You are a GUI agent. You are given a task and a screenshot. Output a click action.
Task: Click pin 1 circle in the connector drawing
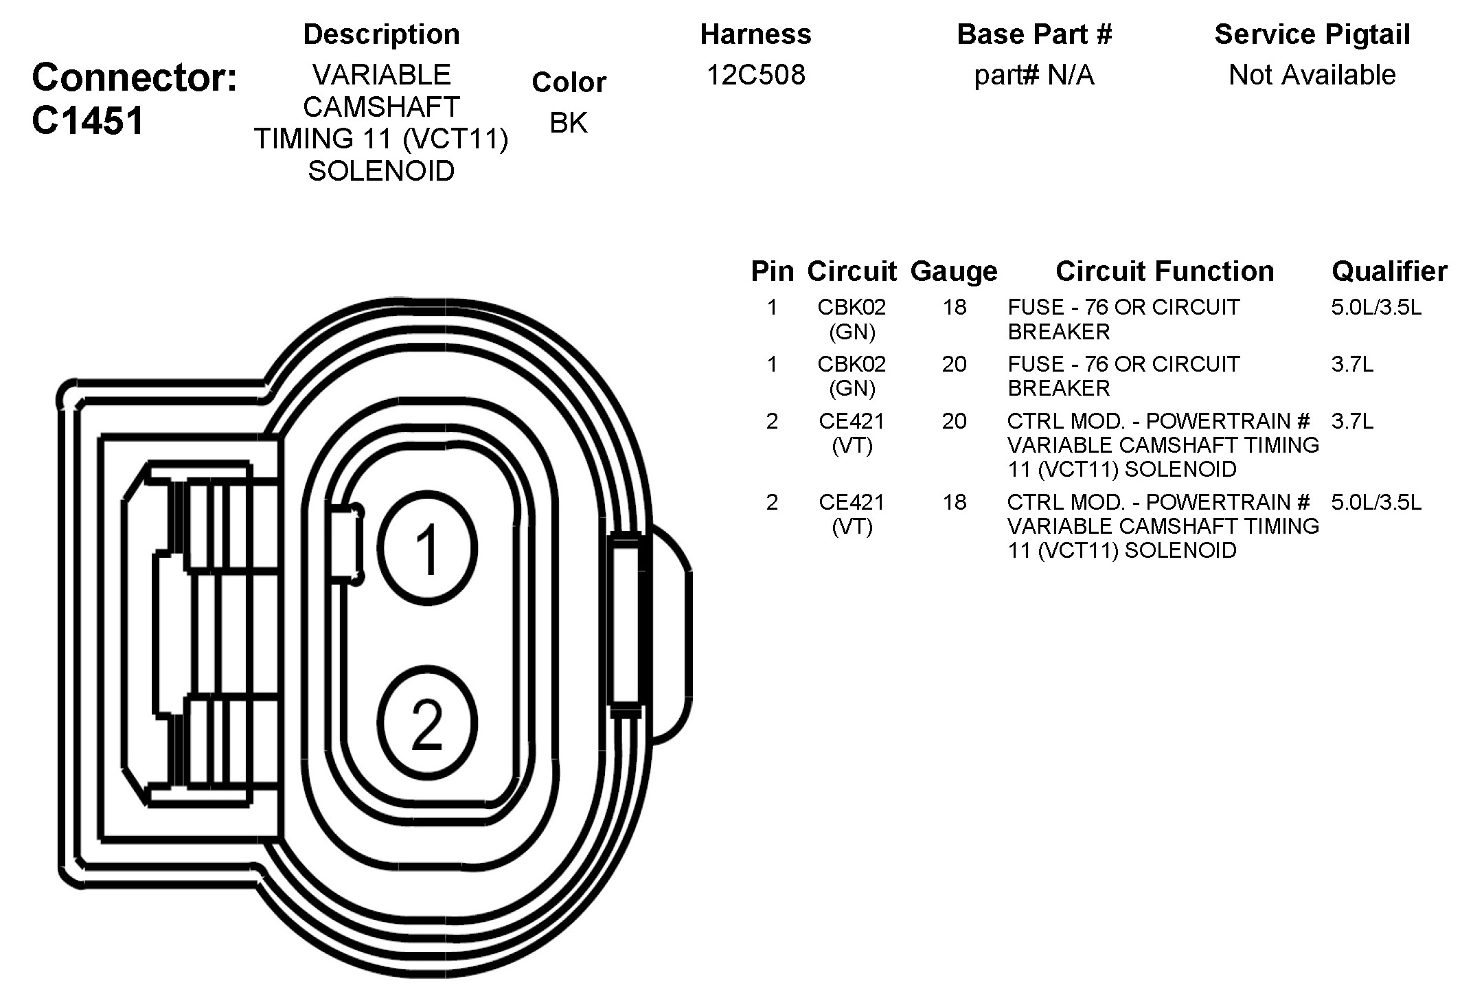pos(427,547)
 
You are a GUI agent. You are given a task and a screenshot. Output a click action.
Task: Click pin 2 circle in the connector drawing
pos(427,723)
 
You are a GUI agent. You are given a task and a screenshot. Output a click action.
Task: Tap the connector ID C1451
pos(88,121)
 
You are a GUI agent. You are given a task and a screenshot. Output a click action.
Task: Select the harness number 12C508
pos(755,74)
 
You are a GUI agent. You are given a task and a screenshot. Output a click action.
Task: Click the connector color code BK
pos(569,123)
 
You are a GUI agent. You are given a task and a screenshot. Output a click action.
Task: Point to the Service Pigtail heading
pos(1312,34)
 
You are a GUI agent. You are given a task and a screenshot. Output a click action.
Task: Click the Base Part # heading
pos(1034,34)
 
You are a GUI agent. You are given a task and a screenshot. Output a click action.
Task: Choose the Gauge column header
pos(953,271)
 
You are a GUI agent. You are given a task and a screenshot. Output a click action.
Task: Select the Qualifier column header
pos(1389,271)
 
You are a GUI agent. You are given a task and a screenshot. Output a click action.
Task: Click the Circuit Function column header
pos(1164,271)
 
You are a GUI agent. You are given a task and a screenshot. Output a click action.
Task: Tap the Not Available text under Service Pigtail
pos(1312,74)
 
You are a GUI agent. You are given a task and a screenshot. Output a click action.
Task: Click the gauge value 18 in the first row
pos(954,307)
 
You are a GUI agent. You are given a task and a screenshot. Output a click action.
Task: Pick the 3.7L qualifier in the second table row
pos(1352,364)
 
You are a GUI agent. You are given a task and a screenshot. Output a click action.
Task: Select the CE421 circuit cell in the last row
pos(852,514)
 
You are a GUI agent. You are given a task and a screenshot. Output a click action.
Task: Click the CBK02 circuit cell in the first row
pos(852,319)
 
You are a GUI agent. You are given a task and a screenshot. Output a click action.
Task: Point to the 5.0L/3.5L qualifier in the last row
pos(1375,502)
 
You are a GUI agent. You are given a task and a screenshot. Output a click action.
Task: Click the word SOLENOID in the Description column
pos(381,171)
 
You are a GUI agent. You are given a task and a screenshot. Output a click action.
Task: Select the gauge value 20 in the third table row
pos(954,421)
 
